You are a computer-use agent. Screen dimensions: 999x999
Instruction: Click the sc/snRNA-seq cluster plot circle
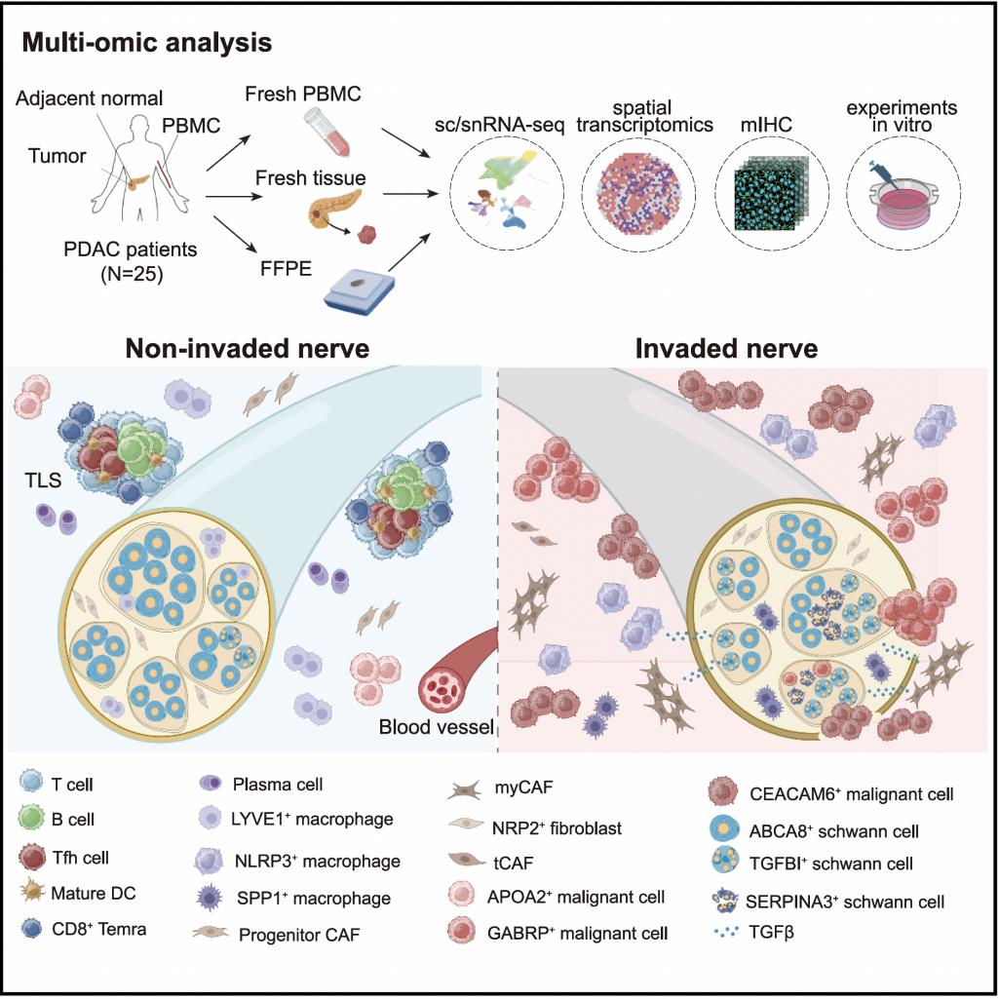pos(506,190)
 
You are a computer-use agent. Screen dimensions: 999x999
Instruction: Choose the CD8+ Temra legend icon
pos(31,930)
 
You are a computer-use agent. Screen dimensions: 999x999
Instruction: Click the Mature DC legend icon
pos(31,894)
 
